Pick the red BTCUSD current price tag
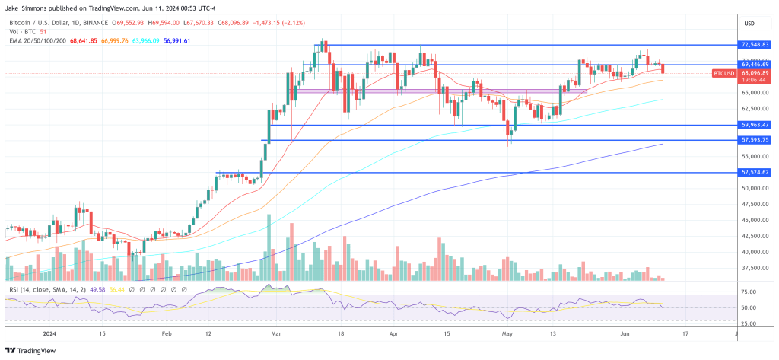(x=723, y=74)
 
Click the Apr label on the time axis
(x=393, y=333)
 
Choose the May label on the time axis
(x=505, y=333)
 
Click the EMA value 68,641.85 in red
(x=86, y=41)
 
